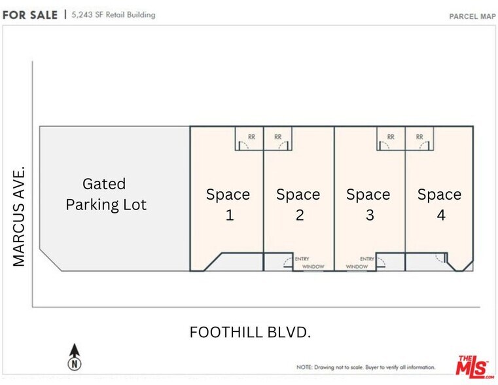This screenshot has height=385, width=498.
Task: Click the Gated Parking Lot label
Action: [105, 194]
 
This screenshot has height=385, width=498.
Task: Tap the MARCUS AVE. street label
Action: [19, 216]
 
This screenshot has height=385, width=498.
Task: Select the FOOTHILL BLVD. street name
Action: [250, 333]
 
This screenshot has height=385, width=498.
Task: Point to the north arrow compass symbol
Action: [75, 357]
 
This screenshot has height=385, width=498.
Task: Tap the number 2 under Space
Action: [299, 215]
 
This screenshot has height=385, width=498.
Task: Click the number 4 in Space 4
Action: [440, 215]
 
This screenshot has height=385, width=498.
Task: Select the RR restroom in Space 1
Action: [250, 138]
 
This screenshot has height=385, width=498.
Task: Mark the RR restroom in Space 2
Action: [278, 138]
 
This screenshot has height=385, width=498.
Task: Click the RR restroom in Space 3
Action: [391, 138]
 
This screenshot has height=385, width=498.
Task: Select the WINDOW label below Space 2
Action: [313, 267]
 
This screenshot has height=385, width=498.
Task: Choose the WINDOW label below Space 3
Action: [357, 267]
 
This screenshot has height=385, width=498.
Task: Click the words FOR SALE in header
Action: [29, 14]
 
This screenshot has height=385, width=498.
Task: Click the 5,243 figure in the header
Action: [82, 14]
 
